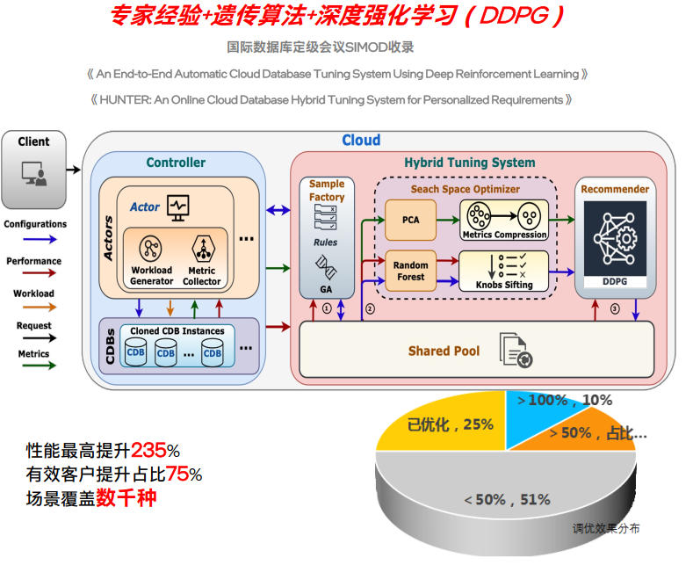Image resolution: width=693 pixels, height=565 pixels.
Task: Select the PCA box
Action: (410, 220)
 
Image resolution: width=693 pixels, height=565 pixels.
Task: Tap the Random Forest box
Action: (410, 271)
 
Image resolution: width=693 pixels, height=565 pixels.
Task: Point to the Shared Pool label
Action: (444, 351)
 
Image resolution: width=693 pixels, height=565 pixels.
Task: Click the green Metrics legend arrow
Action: (34, 366)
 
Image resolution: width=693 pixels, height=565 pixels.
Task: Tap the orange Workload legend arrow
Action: (34, 307)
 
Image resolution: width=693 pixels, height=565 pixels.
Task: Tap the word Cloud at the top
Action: (361, 141)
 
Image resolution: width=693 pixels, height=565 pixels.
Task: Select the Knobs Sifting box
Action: (504, 271)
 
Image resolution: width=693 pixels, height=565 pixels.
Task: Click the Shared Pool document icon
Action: (514, 350)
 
